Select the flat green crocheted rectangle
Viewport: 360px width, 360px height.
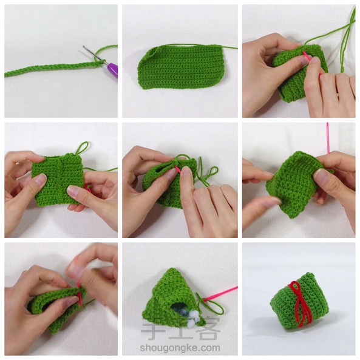pos(181,67)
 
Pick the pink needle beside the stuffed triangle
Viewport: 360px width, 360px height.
pos(220,293)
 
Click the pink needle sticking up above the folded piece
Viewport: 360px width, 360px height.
pos(328,138)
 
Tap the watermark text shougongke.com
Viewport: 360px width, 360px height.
pos(180,348)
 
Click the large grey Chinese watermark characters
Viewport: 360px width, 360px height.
pos(180,328)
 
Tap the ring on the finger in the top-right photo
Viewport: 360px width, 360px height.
pos(338,95)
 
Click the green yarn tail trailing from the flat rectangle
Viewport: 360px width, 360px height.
pos(229,47)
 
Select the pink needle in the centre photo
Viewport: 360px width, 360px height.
pos(178,169)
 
